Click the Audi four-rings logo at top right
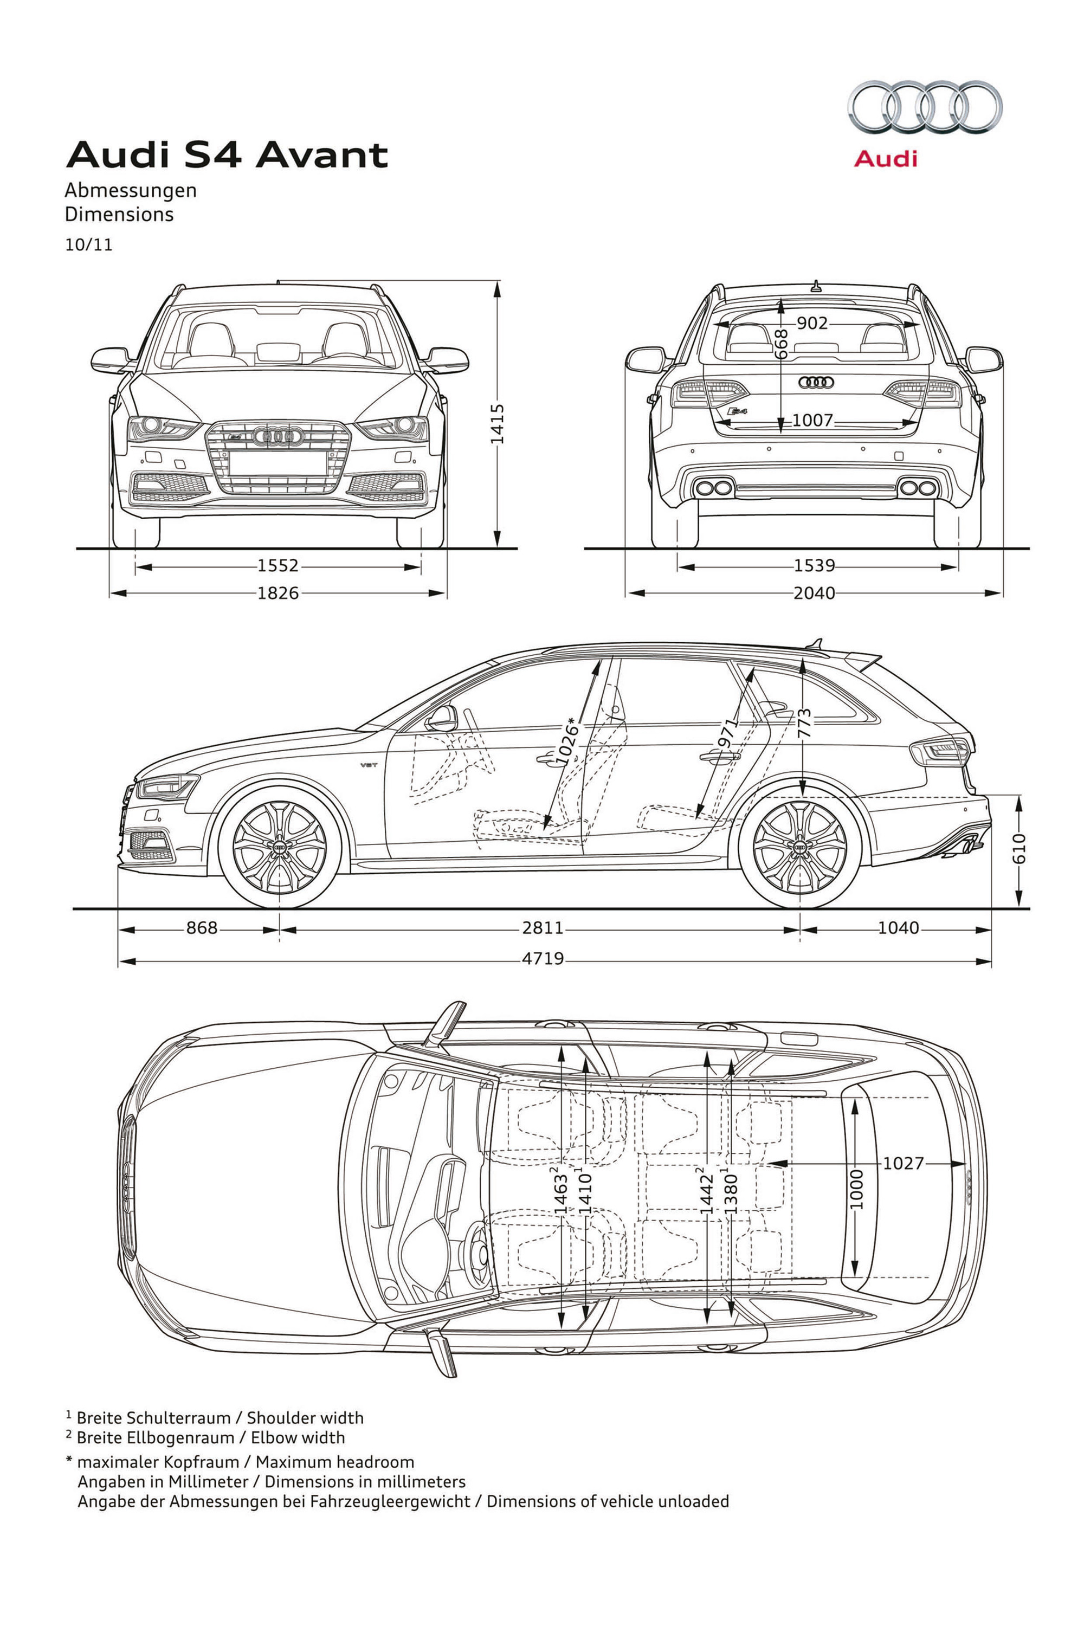tap(925, 107)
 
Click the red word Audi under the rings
tap(885, 159)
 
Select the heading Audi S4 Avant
tap(227, 155)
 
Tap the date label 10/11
tap(88, 246)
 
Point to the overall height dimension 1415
tap(497, 424)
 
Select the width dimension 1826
tap(278, 592)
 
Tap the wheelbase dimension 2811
tap(543, 928)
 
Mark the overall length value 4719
tap(543, 959)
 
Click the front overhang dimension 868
tap(202, 928)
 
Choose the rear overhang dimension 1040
tap(898, 928)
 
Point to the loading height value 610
tap(1019, 848)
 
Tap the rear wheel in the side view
tap(800, 848)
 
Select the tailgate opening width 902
tap(812, 323)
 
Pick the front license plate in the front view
tap(279, 464)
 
